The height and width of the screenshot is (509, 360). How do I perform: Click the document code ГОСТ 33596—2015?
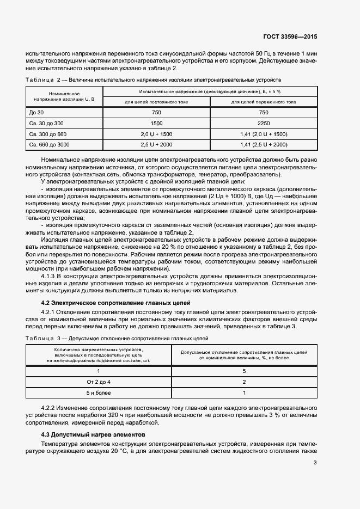click(x=290, y=36)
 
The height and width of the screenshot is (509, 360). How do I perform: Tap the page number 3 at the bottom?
click(x=315, y=463)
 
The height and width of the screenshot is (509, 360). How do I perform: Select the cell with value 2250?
click(x=264, y=124)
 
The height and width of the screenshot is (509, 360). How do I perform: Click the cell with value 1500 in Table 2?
click(x=156, y=124)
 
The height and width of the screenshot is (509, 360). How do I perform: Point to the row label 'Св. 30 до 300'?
click(x=46, y=124)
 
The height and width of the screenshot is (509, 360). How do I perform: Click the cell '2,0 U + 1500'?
click(x=156, y=134)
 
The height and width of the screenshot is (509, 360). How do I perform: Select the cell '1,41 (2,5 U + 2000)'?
click(x=264, y=144)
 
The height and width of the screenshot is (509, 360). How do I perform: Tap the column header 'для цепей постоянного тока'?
click(x=156, y=102)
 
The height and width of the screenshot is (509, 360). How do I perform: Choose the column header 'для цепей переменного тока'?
click(x=264, y=102)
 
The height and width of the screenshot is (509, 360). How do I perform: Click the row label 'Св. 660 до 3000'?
click(x=49, y=144)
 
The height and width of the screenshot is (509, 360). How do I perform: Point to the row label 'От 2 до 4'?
click(x=99, y=382)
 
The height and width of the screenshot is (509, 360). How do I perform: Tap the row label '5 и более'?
click(x=99, y=393)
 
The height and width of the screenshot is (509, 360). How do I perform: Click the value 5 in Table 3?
click(x=245, y=371)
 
